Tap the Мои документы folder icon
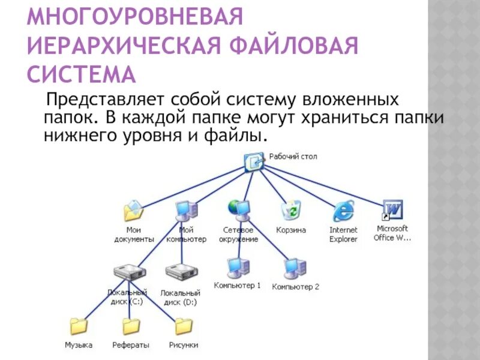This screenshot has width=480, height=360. (x=133, y=211)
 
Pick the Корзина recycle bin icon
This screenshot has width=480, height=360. (x=291, y=210)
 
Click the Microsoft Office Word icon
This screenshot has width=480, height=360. (x=393, y=210)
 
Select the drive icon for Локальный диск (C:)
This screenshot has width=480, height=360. (x=128, y=272)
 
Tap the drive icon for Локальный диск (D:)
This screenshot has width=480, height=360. (x=179, y=272)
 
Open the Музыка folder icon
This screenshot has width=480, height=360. (x=79, y=326)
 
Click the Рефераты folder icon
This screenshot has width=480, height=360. (x=131, y=326)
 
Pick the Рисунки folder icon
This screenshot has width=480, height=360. (x=183, y=326)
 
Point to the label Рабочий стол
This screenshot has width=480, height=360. (x=293, y=157)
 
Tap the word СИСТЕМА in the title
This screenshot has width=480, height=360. (x=82, y=76)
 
